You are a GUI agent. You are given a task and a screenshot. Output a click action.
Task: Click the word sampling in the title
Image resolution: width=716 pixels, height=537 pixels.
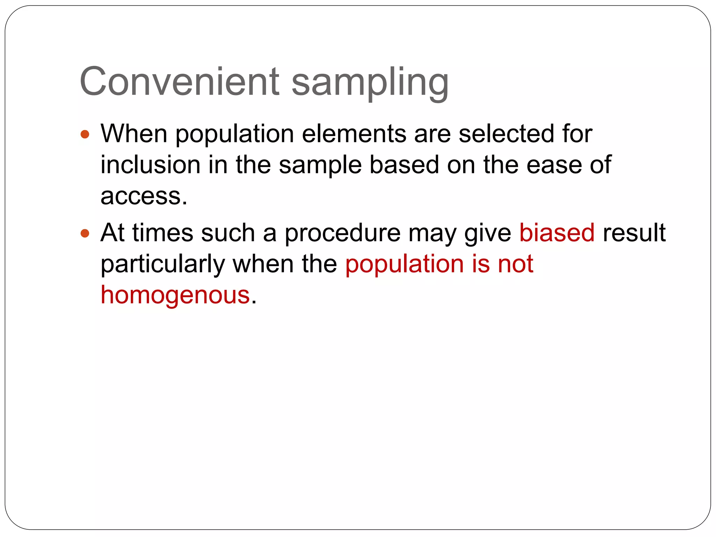point(370,83)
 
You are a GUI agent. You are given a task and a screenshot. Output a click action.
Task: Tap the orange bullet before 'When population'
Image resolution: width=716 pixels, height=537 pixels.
point(85,134)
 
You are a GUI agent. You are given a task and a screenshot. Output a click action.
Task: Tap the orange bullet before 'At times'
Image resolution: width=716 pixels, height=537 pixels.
point(85,233)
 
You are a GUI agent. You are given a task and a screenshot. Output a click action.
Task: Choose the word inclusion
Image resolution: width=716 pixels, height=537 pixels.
point(150,165)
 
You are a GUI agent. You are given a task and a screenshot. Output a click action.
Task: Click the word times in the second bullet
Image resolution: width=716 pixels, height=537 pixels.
point(163,233)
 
